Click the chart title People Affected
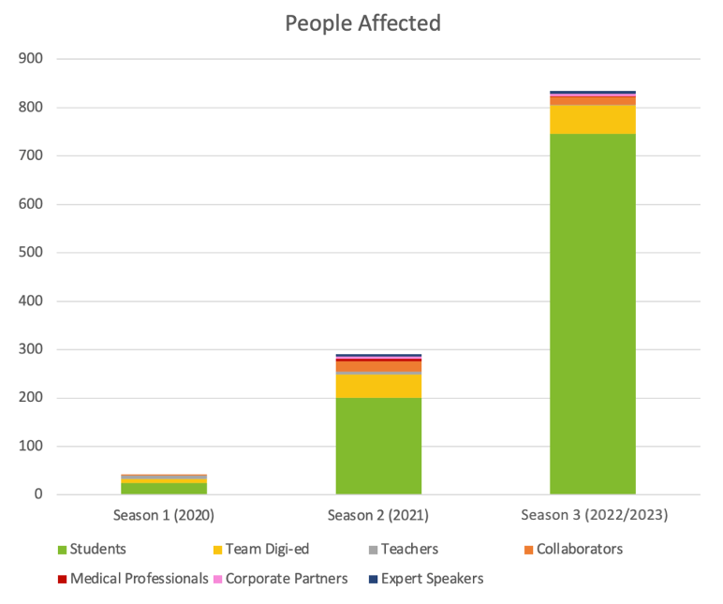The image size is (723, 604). [x=362, y=23]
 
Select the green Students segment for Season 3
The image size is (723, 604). [x=592, y=314]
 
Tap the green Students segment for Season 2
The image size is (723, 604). [x=378, y=446]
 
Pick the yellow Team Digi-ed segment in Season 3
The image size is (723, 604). [x=592, y=119]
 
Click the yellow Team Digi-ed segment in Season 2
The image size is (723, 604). [x=378, y=386]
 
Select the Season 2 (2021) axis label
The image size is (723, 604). [x=378, y=515]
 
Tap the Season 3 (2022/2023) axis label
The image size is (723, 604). [x=593, y=515]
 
